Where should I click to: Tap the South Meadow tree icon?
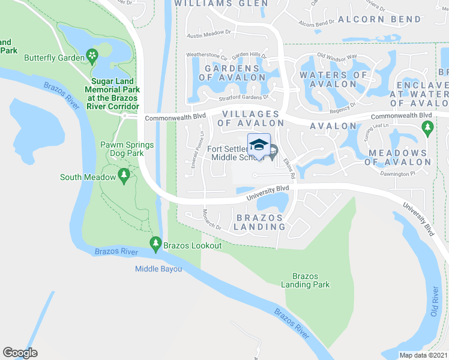(x=124, y=176)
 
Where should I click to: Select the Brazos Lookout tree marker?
(x=155, y=244)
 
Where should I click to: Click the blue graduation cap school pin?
(x=259, y=145)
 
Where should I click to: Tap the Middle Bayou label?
(x=158, y=269)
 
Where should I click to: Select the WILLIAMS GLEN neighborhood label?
(x=221, y=4)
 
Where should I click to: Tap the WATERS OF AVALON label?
(x=333, y=79)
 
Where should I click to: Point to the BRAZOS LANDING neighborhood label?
(x=260, y=222)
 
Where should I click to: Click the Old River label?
(x=436, y=304)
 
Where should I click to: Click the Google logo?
(x=20, y=353)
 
